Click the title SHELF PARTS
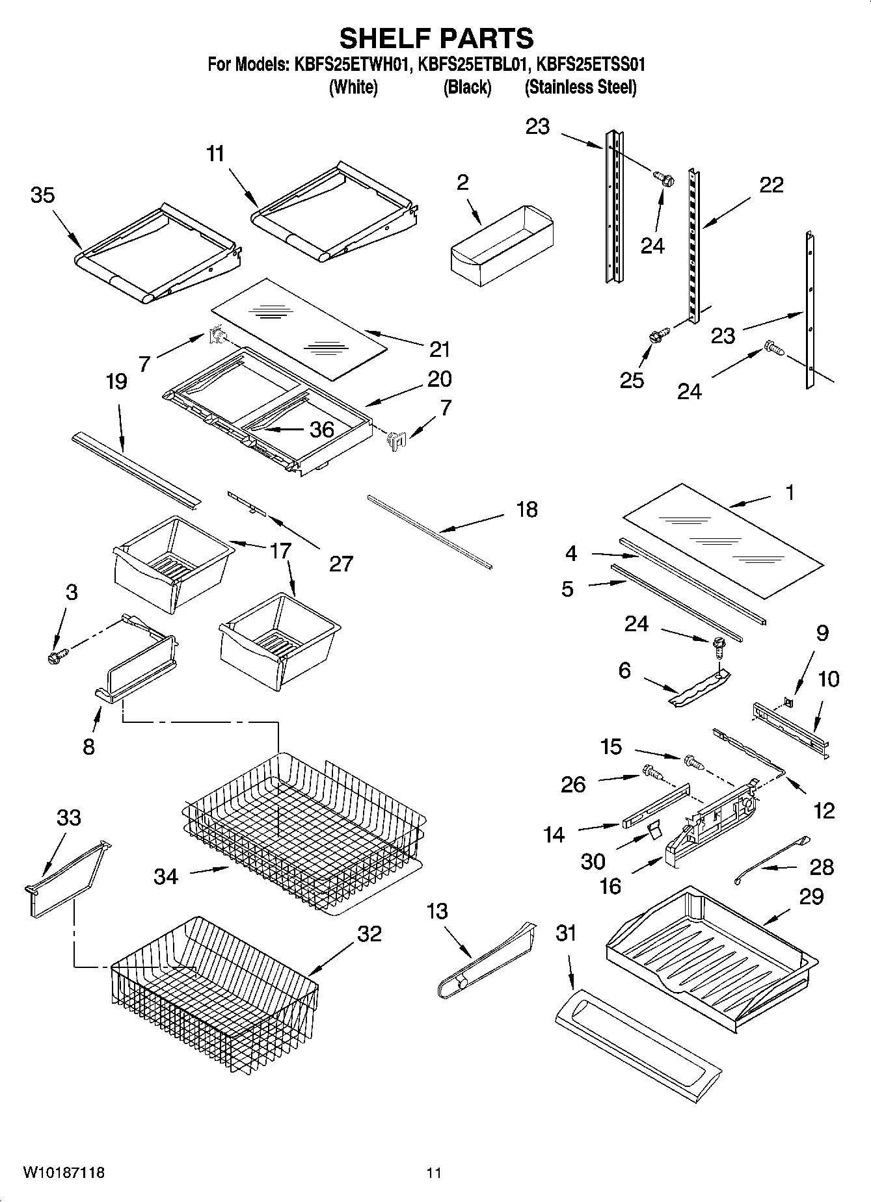[x=436, y=38]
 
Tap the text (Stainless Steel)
[x=580, y=87]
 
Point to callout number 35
[x=43, y=195]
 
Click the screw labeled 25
[x=656, y=337]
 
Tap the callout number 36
[x=321, y=429]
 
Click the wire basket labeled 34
[x=302, y=832]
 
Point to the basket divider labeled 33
[x=65, y=881]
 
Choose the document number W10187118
[x=64, y=1173]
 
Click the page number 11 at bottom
[x=434, y=1173]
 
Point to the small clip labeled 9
[x=788, y=701]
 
